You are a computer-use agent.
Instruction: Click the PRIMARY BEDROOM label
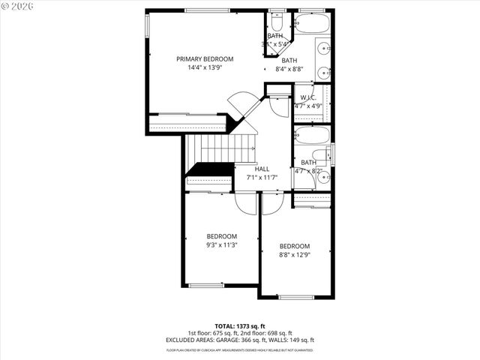205,58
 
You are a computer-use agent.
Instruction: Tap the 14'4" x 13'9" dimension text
205,67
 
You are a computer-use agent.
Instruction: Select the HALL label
262,169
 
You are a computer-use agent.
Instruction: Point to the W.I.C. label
307,97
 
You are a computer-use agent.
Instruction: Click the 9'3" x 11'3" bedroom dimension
221,244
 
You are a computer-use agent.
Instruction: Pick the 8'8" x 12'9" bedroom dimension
295,255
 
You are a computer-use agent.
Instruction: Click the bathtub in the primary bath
312,24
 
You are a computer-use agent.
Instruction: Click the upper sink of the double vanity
324,49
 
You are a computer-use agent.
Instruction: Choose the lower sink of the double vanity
324,73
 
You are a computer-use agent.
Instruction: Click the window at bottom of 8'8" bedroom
295,297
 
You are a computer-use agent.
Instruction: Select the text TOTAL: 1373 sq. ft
240,327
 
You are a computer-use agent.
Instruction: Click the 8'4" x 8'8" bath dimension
289,69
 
